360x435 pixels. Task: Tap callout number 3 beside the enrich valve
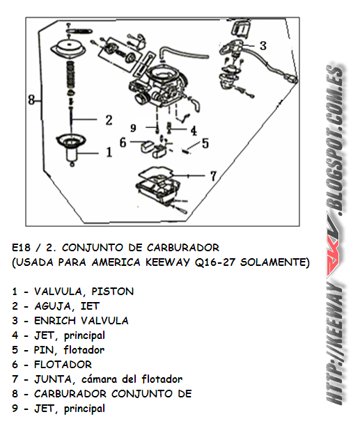click(262, 46)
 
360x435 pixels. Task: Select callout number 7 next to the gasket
click(214, 175)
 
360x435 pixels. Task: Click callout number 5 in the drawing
click(205, 144)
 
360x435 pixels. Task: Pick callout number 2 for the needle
click(108, 120)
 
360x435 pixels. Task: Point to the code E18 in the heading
click(22, 247)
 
